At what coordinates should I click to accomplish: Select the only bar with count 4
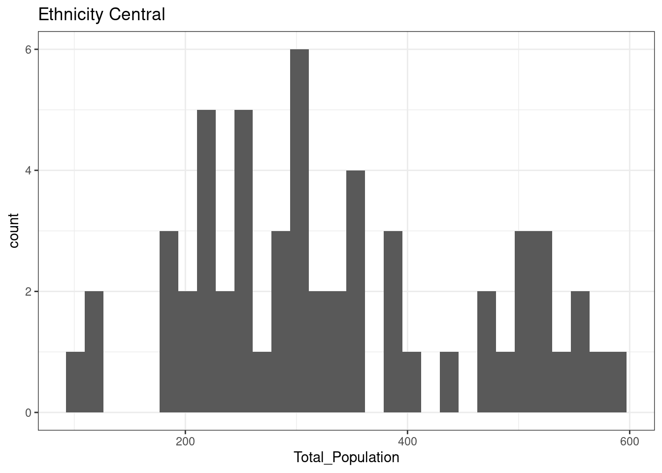[x=356, y=291]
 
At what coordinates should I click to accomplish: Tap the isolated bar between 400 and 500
[x=449, y=382]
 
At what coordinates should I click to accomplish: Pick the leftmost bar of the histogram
[x=75, y=382]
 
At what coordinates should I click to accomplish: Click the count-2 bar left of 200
[x=94, y=352]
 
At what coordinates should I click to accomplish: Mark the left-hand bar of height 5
[x=206, y=261]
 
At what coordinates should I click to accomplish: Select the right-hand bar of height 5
[x=243, y=261]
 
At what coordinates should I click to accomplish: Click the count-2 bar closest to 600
[x=580, y=352]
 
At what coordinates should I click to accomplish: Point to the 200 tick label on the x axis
[x=185, y=440]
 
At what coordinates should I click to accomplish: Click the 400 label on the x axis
[x=407, y=440]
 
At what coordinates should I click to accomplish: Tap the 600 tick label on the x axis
[x=629, y=440]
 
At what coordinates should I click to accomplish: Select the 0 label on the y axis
[x=29, y=413]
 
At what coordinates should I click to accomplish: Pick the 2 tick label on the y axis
[x=29, y=292]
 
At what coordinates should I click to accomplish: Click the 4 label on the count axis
[x=29, y=170]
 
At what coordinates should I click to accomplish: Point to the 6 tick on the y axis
[x=29, y=50]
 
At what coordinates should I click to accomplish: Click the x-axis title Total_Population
[x=346, y=458]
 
